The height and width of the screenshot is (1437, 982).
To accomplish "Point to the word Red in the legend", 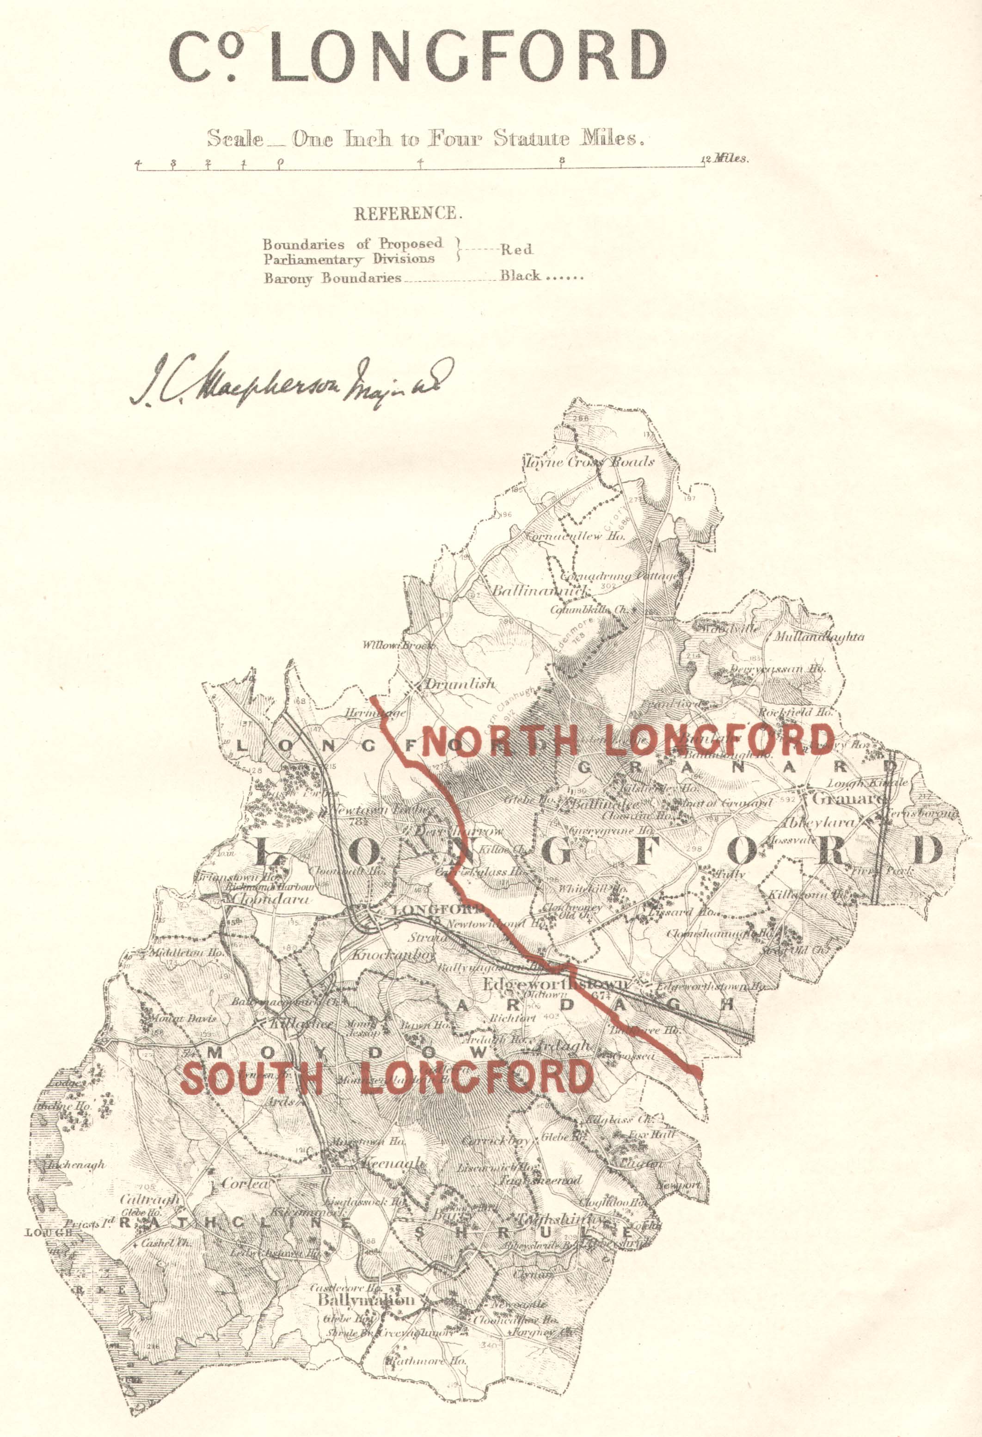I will click(x=516, y=250).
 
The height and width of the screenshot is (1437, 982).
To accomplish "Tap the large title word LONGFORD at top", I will click(x=469, y=55).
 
